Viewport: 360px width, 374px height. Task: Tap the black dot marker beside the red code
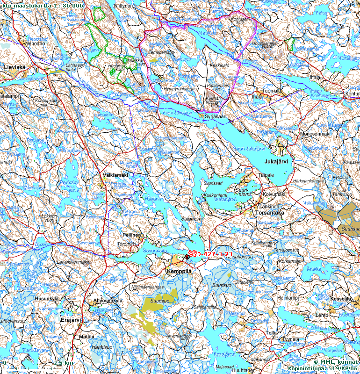click(187, 257)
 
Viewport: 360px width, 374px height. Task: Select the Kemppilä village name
click(180, 271)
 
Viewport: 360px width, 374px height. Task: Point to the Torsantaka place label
click(270, 212)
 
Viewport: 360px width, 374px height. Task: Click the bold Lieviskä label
click(14, 67)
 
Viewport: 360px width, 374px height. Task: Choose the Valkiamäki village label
click(115, 175)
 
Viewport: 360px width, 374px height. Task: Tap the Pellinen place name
click(131, 236)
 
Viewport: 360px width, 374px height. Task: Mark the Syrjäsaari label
click(216, 116)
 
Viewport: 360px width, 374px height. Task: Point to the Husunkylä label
click(47, 298)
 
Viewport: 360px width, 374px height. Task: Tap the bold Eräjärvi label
click(71, 320)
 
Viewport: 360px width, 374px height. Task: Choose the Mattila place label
click(86, 336)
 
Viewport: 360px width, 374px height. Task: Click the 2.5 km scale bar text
click(63, 363)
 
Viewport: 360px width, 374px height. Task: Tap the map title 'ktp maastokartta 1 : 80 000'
click(42, 5)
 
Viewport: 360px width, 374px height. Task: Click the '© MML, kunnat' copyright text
click(336, 362)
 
